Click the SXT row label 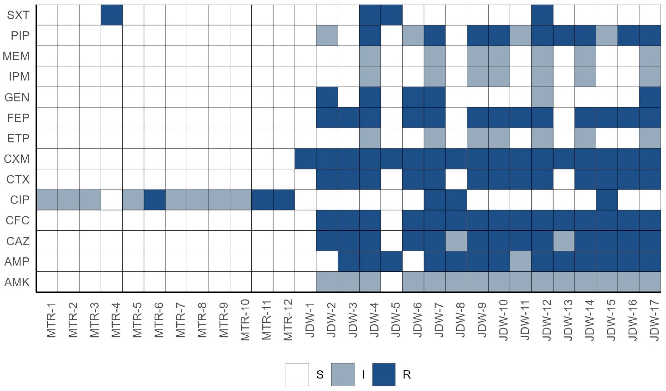18,15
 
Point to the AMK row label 17,282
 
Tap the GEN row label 17,97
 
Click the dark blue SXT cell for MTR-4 112,15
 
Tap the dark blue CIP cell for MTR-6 155,200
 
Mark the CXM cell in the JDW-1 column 305,159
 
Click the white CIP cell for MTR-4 112,200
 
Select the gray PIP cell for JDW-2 327,35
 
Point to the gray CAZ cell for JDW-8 456,241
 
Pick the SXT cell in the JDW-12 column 542,15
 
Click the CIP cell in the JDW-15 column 607,200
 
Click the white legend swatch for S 297,375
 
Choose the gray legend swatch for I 343,375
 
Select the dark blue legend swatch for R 384,375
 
